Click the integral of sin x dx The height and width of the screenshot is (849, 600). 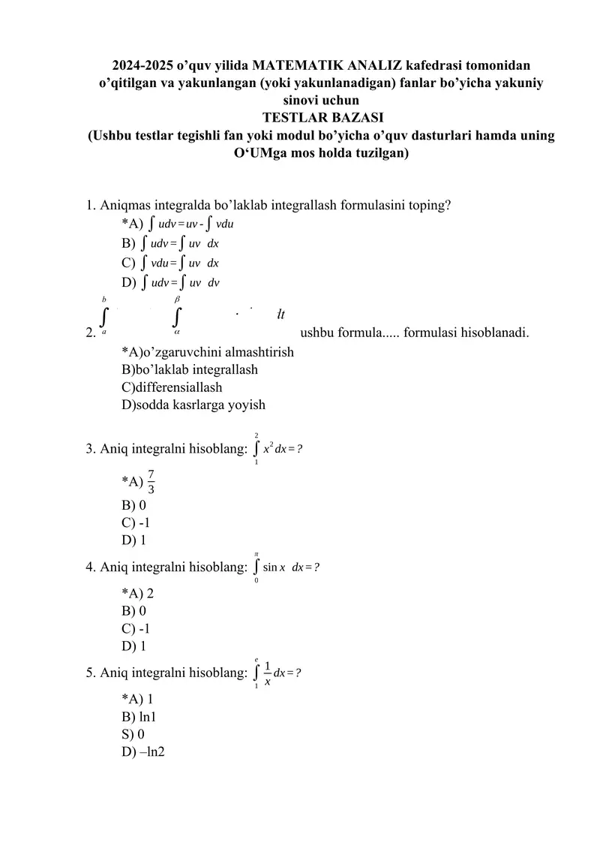[286, 566]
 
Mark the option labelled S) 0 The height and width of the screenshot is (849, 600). [133, 733]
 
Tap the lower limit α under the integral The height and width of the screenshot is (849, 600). [177, 330]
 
